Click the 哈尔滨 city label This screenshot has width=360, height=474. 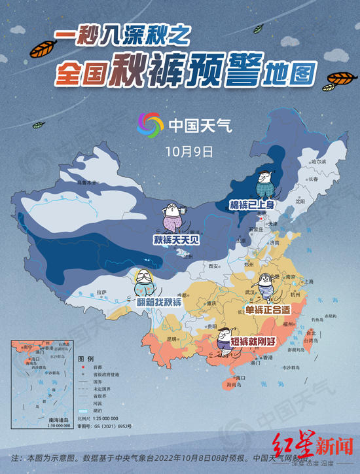[x=318, y=160]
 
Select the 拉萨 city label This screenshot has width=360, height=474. [x=101, y=291]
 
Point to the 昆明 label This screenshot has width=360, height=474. [x=172, y=339]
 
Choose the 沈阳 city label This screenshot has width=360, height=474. [x=300, y=202]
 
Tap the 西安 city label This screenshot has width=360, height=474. [x=211, y=266]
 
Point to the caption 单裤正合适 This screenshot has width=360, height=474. [x=267, y=308]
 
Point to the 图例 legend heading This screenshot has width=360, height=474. [x=86, y=359]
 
